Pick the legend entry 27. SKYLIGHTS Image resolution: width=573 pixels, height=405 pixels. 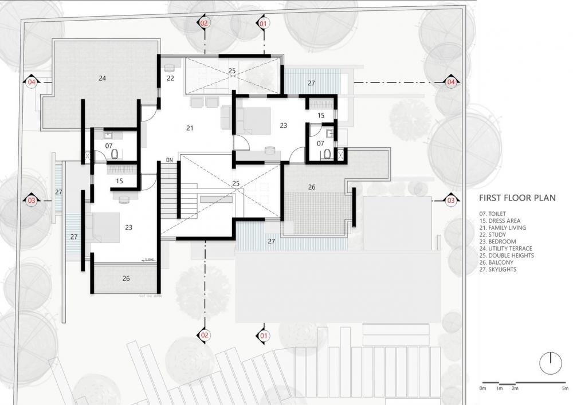click(x=500, y=269)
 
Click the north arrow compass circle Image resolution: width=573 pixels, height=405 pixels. click(x=550, y=360)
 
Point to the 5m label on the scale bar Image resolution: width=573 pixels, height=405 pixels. click(x=565, y=389)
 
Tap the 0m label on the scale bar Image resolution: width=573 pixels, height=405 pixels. click(x=482, y=389)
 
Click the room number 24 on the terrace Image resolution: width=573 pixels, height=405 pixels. click(x=102, y=77)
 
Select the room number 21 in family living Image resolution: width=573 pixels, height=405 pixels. click(x=190, y=128)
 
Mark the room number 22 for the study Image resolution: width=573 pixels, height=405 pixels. click(x=170, y=77)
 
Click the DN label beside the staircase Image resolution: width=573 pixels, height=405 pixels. click(x=169, y=159)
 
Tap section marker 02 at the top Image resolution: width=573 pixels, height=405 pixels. click(x=205, y=23)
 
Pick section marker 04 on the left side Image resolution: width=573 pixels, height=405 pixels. click(x=31, y=82)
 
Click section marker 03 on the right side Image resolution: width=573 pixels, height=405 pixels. click(x=451, y=200)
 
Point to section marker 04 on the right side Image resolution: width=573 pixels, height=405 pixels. click(x=451, y=82)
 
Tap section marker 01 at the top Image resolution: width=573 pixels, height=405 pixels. click(x=263, y=23)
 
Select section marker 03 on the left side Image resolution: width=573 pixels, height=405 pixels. click(x=31, y=200)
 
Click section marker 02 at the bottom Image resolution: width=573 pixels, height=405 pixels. click(x=205, y=335)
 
